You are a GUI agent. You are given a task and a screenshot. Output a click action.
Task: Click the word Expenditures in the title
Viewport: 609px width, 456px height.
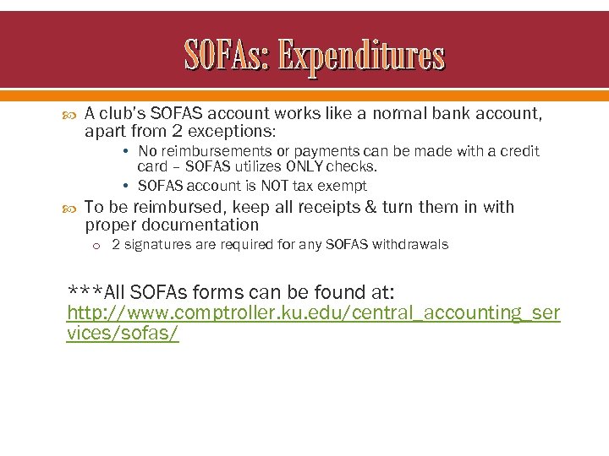[x=361, y=57]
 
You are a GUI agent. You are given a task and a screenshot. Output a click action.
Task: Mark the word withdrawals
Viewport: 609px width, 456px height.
[x=408, y=245]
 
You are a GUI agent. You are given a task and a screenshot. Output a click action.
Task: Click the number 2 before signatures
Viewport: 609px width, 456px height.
[x=116, y=245]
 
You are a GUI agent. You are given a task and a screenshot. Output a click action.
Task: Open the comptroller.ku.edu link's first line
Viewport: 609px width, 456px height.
[x=313, y=313]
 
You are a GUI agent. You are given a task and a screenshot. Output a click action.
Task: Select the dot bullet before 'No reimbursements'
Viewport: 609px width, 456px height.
[x=124, y=152]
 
